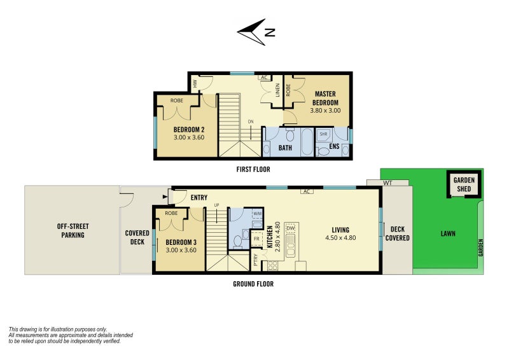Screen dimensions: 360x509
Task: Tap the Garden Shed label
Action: pyautogui.click(x=464, y=184)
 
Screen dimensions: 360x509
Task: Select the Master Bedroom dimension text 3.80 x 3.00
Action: pyautogui.click(x=325, y=110)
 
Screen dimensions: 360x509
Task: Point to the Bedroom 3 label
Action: pyautogui.click(x=181, y=242)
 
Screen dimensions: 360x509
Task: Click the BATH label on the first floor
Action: pyautogui.click(x=286, y=148)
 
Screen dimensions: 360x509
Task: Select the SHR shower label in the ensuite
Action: pyautogui.click(x=323, y=134)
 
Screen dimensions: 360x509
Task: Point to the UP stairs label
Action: pyautogui.click(x=216, y=205)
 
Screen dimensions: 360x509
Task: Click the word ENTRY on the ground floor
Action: pyautogui.click(x=199, y=198)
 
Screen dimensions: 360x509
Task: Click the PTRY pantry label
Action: pyautogui.click(x=256, y=260)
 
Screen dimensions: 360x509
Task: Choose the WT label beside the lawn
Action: pyautogui.click(x=387, y=183)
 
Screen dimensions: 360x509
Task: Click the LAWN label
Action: pyautogui.click(x=448, y=233)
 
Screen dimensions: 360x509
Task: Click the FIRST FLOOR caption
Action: pyautogui.click(x=253, y=169)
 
